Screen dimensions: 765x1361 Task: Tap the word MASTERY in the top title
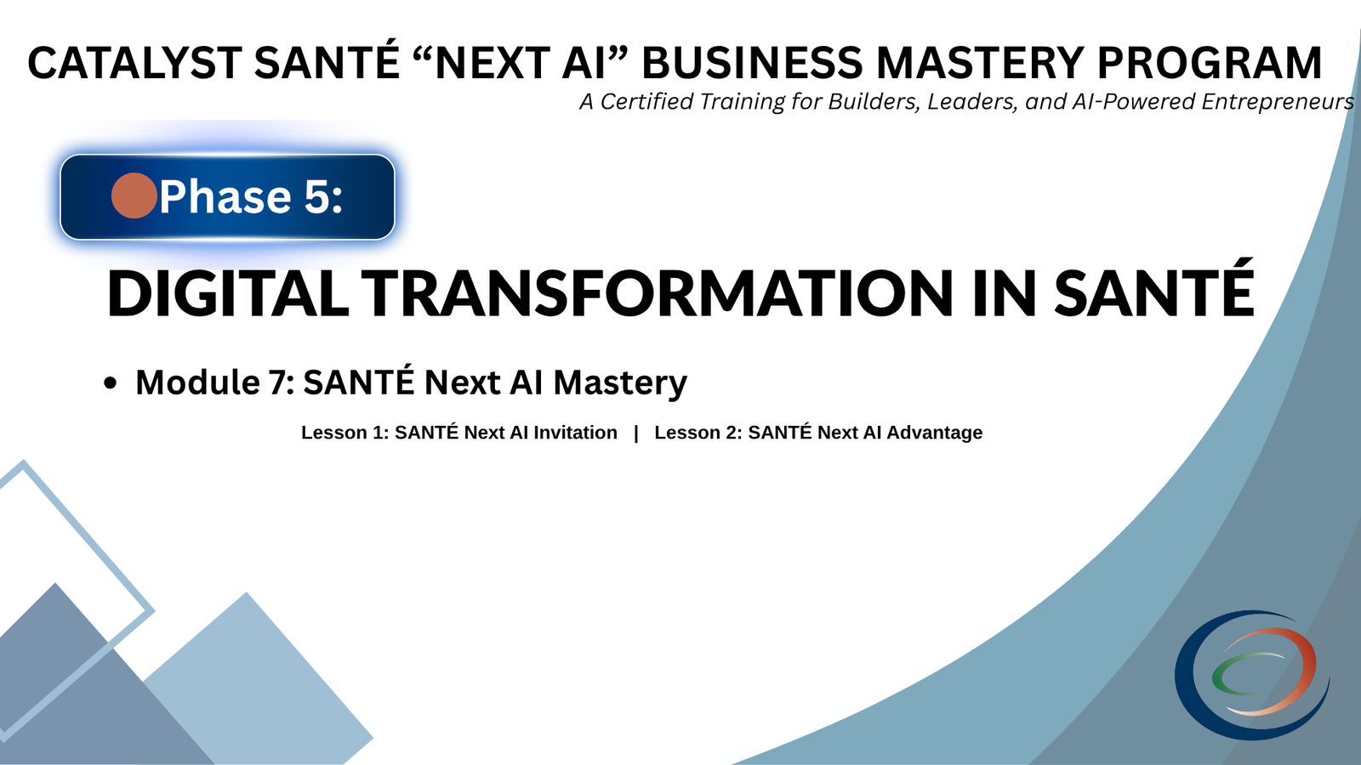[x=978, y=64]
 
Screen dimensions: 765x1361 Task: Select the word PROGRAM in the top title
[x=1209, y=64]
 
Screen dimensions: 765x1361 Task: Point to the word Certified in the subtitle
[x=646, y=102]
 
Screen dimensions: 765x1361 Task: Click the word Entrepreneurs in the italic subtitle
[x=1278, y=102]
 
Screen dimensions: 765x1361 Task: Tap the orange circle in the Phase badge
[x=134, y=195]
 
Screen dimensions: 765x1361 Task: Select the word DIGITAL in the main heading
[x=227, y=294]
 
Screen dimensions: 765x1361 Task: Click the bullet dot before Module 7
[x=110, y=384]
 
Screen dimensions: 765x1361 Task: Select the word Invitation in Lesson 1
[x=575, y=433]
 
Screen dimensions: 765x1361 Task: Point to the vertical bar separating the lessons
[x=635, y=433]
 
